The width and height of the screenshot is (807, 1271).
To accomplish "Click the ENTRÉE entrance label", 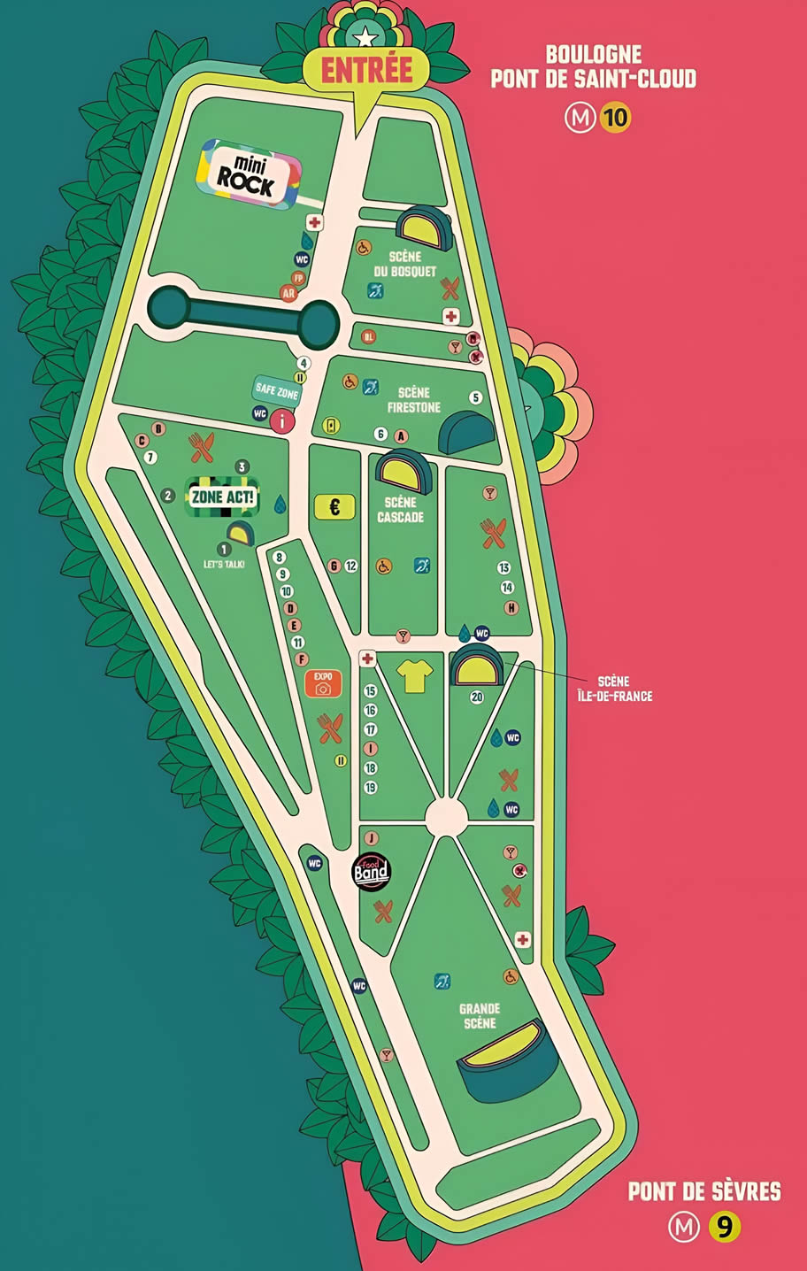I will pos(366,70).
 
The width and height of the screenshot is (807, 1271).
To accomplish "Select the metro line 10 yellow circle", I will pos(615,118).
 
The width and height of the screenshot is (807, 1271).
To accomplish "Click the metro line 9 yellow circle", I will pos(724,1228).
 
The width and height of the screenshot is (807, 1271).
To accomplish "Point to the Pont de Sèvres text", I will pos(704,1191).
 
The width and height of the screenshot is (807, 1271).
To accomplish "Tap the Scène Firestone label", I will pos(413,400).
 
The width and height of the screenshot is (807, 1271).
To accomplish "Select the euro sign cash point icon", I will pos(335,507).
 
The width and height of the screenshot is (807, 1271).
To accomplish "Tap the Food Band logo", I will pos(371,871).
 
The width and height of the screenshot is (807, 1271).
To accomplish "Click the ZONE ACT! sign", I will pos(222,497).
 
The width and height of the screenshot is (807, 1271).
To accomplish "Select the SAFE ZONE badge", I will pos(275,390).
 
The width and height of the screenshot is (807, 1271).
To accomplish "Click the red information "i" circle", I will pos(282,421).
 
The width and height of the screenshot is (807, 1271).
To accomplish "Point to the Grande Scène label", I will pos(479,1016).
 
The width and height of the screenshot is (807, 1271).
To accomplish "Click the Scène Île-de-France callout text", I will pos(624,689).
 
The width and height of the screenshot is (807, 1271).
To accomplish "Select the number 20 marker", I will pos(477,697).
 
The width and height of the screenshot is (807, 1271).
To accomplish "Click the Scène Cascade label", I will pos(400,509).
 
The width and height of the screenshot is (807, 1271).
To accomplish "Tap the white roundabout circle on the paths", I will pos(446,816).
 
